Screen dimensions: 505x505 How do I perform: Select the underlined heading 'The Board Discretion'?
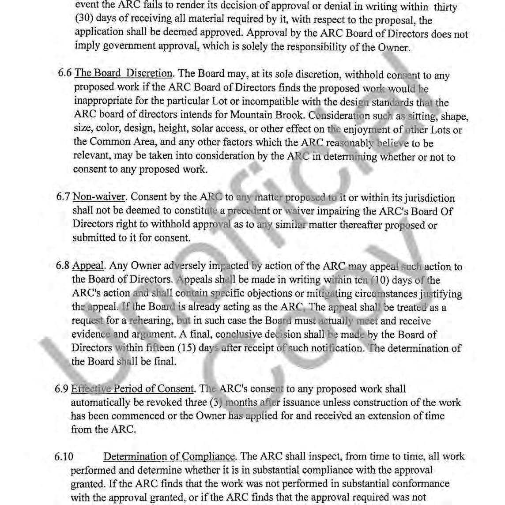(124, 73)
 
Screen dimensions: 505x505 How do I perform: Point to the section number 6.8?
(63, 266)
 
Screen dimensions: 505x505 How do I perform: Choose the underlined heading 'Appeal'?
(88, 266)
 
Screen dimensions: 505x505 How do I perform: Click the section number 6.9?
(61, 389)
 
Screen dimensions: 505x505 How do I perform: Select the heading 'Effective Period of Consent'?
(132, 389)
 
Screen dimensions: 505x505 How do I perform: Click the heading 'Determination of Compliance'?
(170, 456)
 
